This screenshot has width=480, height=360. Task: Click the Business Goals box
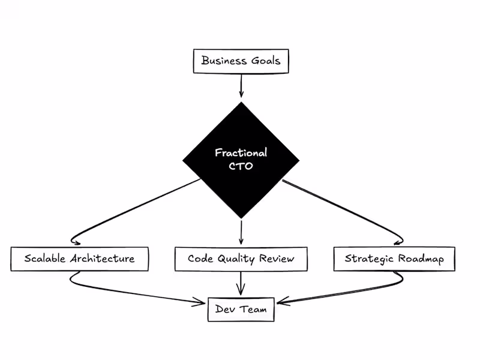tap(241, 61)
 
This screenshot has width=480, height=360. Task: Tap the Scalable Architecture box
tap(79, 259)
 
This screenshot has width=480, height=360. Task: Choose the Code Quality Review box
tap(241, 259)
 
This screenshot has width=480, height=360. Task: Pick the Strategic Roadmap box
tap(394, 259)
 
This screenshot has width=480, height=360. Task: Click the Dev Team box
tap(241, 310)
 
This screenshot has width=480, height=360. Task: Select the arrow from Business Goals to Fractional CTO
tap(241, 85)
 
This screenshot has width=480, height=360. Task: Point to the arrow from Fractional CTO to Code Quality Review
tap(241, 231)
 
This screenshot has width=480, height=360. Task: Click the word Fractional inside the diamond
tap(241, 153)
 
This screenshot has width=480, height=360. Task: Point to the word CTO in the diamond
tap(241, 167)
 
